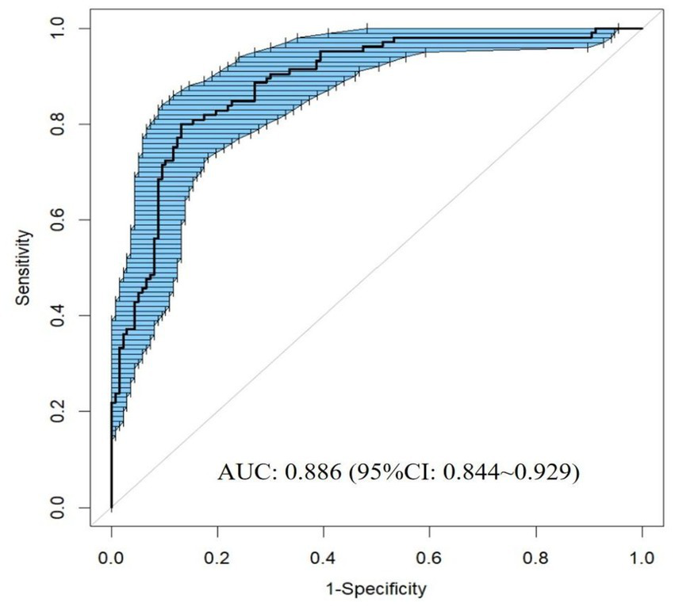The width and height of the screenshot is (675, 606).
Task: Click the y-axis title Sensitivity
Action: [x=26, y=268]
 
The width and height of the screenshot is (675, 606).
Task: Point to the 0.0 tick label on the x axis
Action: [x=111, y=557]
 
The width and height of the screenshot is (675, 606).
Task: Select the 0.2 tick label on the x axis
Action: [x=217, y=557]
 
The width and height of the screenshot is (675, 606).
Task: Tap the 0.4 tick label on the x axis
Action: [x=324, y=557]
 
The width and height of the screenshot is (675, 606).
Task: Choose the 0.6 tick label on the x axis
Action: [x=430, y=557]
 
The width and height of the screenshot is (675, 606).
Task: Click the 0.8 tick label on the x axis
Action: [x=536, y=557]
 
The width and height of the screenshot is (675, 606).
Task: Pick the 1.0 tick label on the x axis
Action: [x=642, y=557]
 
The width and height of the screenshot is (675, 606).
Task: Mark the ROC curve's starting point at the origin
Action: [x=111, y=507]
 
